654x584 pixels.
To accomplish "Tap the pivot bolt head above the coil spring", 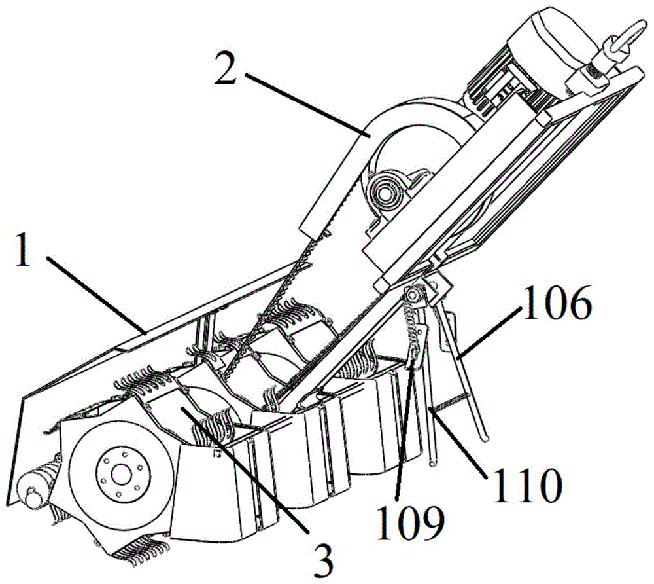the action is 412,295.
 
